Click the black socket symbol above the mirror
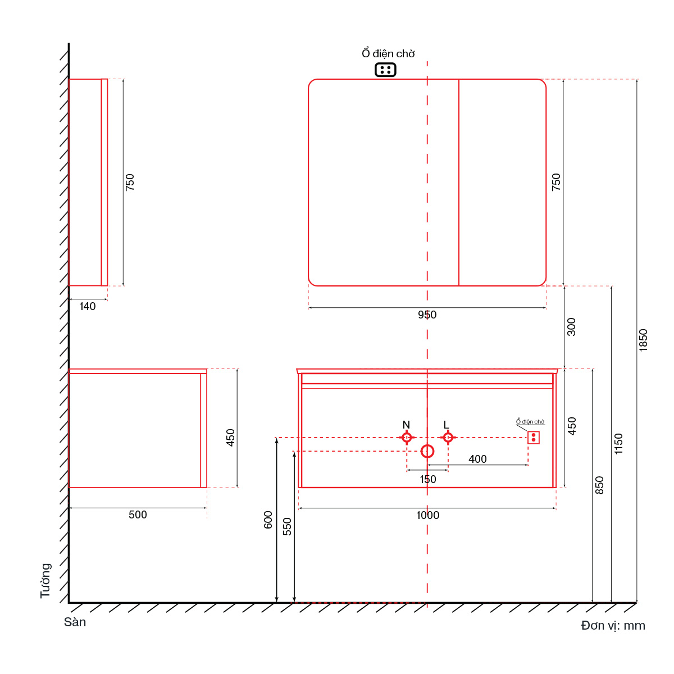click(385, 70)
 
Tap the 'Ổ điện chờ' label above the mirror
click(388, 53)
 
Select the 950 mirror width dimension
click(427, 315)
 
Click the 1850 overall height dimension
click(643, 340)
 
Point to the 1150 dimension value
click(618, 444)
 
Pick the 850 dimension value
click(599, 485)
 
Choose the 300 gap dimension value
click(571, 327)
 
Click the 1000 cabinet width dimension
click(427, 515)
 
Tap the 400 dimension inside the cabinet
click(477, 458)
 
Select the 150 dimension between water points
click(427, 479)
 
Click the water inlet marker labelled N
click(407, 437)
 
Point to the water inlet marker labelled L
click(448, 437)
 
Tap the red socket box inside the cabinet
click(534, 437)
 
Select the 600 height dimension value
click(267, 520)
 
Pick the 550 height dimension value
click(287, 526)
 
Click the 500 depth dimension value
click(138, 514)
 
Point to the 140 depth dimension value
click(87, 306)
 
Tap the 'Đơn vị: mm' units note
click(613, 625)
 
